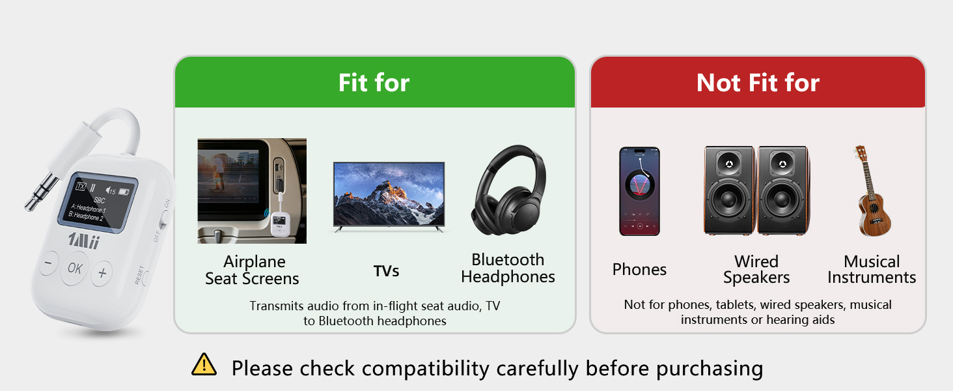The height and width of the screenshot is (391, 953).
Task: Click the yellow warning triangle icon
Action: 204,364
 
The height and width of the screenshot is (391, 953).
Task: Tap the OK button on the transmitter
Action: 75,268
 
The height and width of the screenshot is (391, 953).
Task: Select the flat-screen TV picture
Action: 389,197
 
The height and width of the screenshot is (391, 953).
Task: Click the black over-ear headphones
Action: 509,190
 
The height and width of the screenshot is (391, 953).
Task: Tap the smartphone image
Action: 639,191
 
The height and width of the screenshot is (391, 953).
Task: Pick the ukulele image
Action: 872,191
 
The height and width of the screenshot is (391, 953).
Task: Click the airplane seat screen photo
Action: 252,191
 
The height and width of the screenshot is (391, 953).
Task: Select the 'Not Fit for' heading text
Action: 758,82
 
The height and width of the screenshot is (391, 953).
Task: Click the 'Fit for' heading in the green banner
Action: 374,82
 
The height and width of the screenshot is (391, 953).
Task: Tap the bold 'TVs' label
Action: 386,271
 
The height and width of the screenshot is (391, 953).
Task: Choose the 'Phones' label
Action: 639,269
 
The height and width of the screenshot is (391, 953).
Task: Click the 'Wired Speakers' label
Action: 756,269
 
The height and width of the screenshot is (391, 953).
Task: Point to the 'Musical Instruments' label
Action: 872,269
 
